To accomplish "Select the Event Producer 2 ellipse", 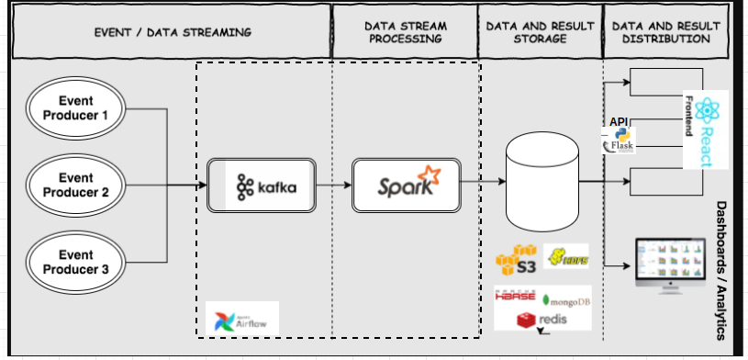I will tap(77, 185).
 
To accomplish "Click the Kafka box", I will tap(262, 185).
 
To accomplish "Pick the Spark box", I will tap(407, 185).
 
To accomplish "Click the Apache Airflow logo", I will tap(242, 317).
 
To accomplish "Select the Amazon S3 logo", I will tap(516, 260).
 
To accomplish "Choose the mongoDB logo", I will tap(565, 299).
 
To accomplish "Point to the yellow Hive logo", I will tap(564, 256).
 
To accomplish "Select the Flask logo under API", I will tap(620, 141).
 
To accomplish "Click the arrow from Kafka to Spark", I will tap(335, 185).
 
